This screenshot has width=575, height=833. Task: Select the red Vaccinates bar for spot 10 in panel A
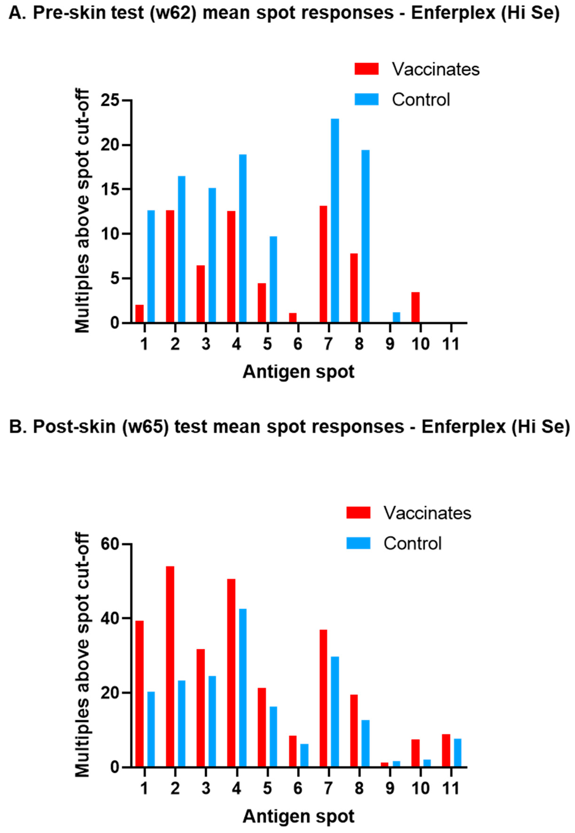(415, 307)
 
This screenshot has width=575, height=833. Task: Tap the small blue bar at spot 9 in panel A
(396, 317)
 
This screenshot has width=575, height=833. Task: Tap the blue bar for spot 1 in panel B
(151, 729)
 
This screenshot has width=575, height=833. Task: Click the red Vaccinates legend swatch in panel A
(366, 69)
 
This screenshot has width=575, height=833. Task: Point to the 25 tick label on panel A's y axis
(110, 100)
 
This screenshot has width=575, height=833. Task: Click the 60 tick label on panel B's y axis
(110, 544)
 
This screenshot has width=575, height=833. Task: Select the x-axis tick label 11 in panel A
(451, 344)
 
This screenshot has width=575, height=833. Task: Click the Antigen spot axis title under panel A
(298, 372)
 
